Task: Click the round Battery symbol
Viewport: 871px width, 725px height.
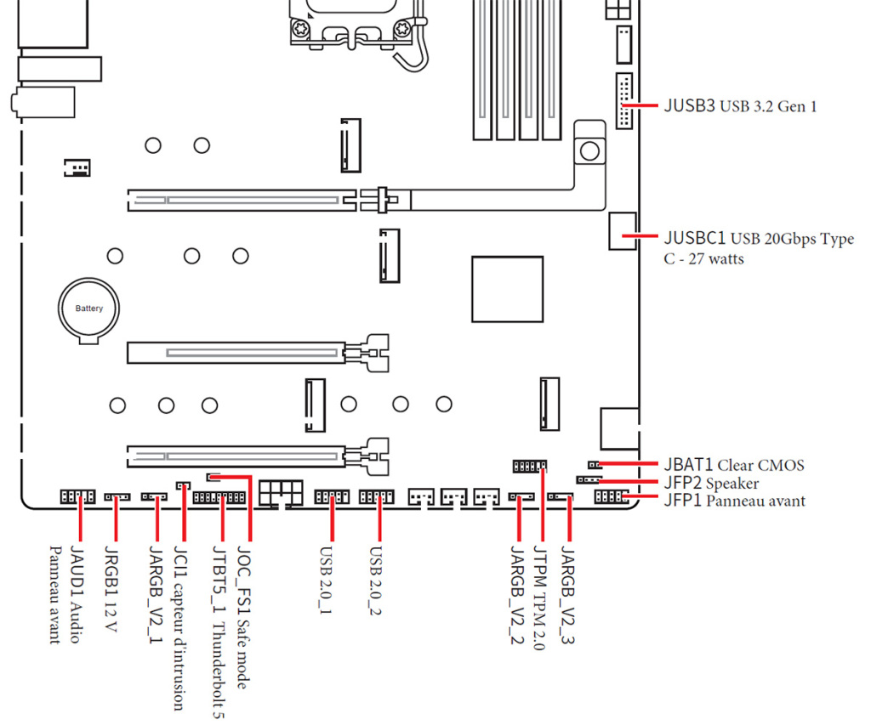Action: point(88,309)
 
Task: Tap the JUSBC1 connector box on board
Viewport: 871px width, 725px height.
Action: point(623,230)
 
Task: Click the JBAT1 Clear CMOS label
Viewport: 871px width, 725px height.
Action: point(733,465)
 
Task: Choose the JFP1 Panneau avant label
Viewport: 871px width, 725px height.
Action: point(733,501)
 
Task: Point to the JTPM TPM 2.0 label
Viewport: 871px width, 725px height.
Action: point(538,598)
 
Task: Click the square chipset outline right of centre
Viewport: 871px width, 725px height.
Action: point(507,289)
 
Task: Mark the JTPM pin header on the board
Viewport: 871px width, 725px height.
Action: point(529,466)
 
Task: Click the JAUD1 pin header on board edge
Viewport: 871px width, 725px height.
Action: point(77,496)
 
